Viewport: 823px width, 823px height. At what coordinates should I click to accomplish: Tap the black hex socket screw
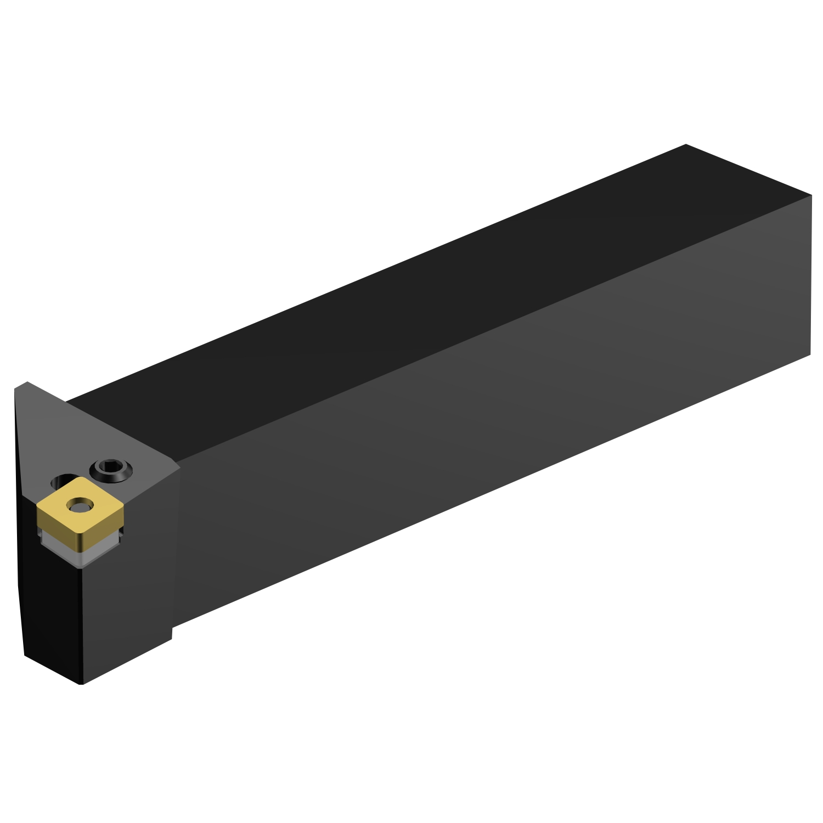click(x=111, y=470)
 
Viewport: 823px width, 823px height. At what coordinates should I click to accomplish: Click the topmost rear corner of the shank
click(x=686, y=145)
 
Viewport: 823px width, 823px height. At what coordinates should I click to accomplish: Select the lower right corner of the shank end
click(x=810, y=354)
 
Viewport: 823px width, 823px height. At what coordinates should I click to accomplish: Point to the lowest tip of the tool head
click(x=82, y=684)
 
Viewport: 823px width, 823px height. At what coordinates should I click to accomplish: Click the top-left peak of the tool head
click(x=26, y=382)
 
